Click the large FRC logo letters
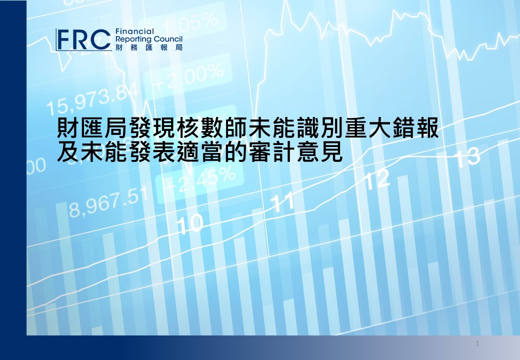coord(84,40)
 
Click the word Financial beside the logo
coord(134,31)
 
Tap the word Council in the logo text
coord(168,39)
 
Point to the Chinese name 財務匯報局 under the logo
coord(149,47)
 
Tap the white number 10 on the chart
coord(189,223)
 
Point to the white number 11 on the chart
coord(282,201)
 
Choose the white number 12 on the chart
coord(377,179)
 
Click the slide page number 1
coord(477,343)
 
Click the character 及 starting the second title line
coord(68,152)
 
